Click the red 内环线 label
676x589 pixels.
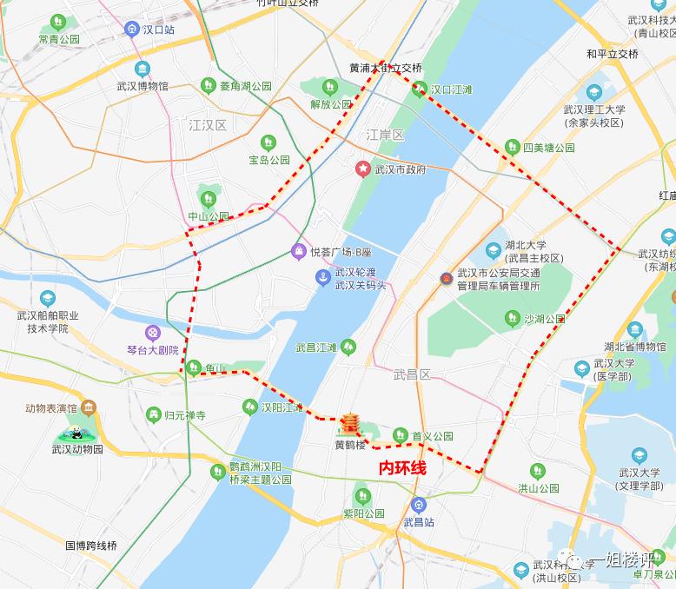pos(403,467)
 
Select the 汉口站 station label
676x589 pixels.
pos(159,30)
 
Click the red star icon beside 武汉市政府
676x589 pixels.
pos(361,169)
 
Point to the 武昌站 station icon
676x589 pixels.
pos(419,505)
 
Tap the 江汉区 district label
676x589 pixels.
pos(208,126)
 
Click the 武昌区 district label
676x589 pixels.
pos(412,374)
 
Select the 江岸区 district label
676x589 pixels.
pos(385,135)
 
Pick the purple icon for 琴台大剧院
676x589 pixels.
pos(153,332)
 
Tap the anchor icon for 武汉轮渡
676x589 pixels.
pos(321,277)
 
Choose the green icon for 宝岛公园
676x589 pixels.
pos(267,142)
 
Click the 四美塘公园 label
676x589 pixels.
pos(548,148)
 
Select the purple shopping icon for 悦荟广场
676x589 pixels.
pos(298,252)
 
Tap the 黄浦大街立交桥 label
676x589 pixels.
pos(386,68)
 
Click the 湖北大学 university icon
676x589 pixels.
pos(494,250)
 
